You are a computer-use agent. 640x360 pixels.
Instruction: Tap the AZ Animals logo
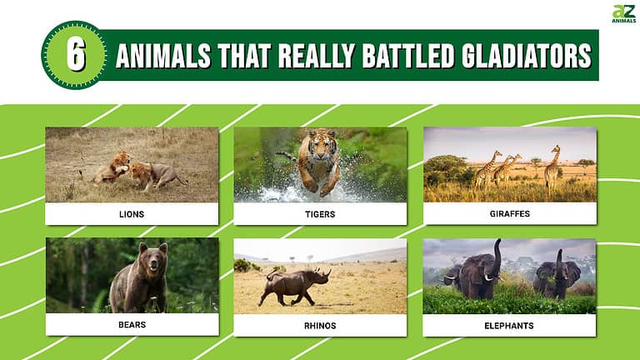click(623, 14)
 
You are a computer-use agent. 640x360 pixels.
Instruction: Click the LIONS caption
click(132, 214)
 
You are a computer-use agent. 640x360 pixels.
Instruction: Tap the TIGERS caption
click(321, 214)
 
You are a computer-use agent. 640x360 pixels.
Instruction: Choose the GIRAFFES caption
click(510, 214)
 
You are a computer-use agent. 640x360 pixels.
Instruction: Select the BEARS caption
click(132, 325)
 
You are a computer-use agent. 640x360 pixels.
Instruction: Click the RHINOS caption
click(321, 325)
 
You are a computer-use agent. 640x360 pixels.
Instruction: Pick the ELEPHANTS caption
click(510, 325)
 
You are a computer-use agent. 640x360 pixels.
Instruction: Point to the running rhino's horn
click(327, 272)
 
